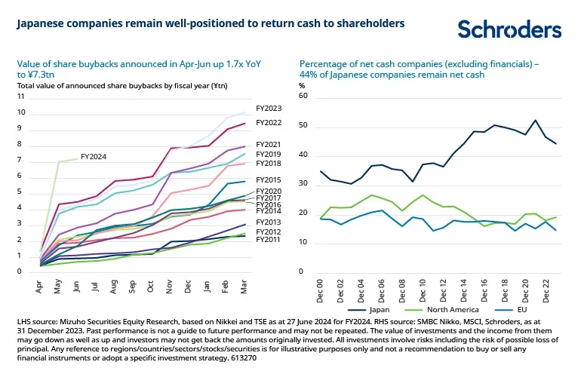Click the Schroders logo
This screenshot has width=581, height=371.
click(x=509, y=29)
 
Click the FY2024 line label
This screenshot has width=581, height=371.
click(x=93, y=157)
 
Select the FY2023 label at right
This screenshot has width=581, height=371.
click(x=269, y=109)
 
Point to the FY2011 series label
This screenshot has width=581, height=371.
click(x=269, y=239)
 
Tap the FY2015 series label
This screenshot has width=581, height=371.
click(x=269, y=179)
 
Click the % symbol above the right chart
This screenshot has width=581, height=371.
click(x=303, y=85)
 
